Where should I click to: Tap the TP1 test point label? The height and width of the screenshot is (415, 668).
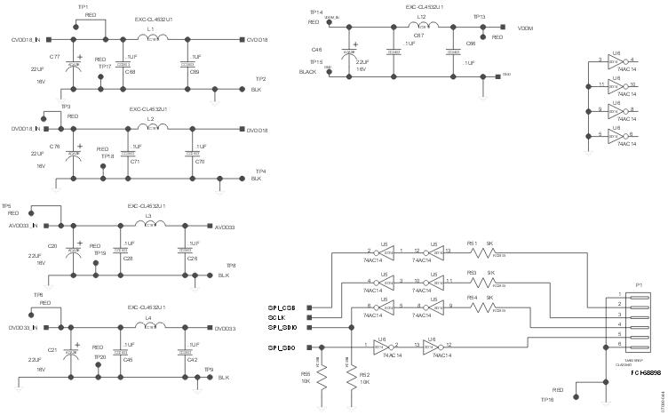83,6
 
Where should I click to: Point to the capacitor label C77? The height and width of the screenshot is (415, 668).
55,56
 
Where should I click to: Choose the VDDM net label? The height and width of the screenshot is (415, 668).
524,28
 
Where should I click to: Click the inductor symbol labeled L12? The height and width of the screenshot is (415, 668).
421,28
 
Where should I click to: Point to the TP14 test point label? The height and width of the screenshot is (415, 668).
316,12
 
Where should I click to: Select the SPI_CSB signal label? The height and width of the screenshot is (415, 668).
282,307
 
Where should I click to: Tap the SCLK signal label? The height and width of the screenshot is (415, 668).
276,317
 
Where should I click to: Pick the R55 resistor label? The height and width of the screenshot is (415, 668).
306,374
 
